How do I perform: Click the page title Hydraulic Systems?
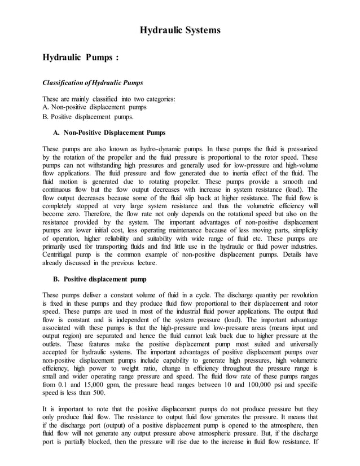coord(180,30)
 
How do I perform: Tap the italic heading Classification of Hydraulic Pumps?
coord(88,83)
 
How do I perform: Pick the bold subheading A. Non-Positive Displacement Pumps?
coord(109,133)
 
